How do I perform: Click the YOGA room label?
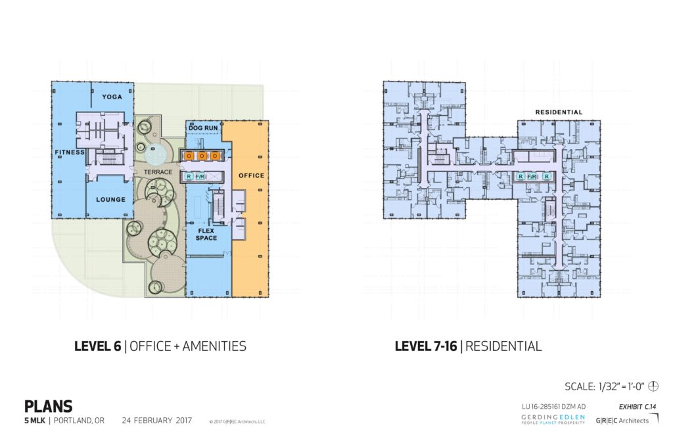tap(112, 97)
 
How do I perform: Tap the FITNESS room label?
tap(70, 152)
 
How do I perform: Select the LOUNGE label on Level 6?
tap(111, 199)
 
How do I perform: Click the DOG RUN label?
tap(203, 127)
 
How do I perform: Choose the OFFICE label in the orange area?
tap(251, 175)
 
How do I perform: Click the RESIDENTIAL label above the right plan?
tap(559, 112)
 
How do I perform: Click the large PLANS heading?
tap(48, 407)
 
